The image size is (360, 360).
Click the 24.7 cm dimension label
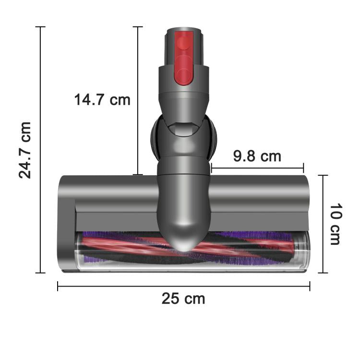(x=25, y=150)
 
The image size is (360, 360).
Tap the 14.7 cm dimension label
(x=102, y=100)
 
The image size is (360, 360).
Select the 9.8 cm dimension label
(x=257, y=156)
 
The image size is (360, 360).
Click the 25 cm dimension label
(x=183, y=299)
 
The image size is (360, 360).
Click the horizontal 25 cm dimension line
(x=120, y=286)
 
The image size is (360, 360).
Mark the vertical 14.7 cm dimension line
(x=138, y=139)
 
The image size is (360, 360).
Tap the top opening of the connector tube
(x=183, y=30)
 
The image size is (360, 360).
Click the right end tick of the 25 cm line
(x=310, y=286)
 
